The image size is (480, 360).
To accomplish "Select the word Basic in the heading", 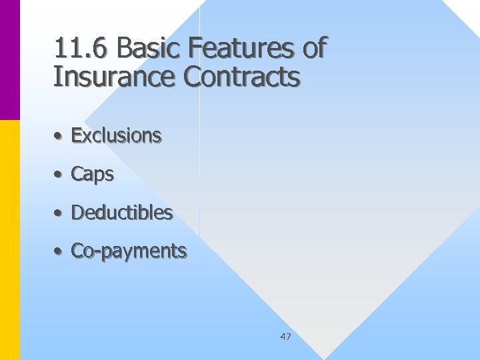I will point(149,49).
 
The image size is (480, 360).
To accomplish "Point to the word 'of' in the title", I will point(311,49).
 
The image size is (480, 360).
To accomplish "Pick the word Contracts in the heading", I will point(242,77).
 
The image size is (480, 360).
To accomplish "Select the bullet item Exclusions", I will point(116,136).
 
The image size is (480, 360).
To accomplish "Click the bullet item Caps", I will point(92,175).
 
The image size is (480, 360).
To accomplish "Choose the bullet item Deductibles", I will point(121,213).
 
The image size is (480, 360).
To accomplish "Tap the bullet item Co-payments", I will point(129,252).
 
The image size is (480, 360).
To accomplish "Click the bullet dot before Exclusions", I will point(59,137).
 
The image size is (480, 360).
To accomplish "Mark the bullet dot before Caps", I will point(59,175).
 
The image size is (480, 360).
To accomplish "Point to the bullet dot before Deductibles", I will point(59,214).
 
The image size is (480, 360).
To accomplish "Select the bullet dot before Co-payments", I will point(59,252).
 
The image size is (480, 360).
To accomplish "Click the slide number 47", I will point(285,337).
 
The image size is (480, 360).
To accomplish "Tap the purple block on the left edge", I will point(9,60).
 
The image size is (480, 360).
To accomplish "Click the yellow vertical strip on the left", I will point(9,240).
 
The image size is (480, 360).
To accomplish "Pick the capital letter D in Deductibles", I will point(77,213).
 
